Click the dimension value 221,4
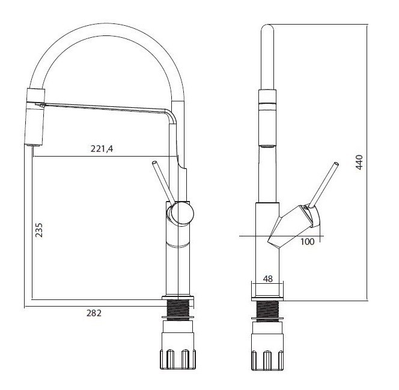click(102, 148)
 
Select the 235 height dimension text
click(39, 230)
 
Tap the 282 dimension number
click(94, 313)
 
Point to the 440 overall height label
click(359, 162)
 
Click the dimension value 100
click(308, 242)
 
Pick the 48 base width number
click(267, 279)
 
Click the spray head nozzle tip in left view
click(33, 145)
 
